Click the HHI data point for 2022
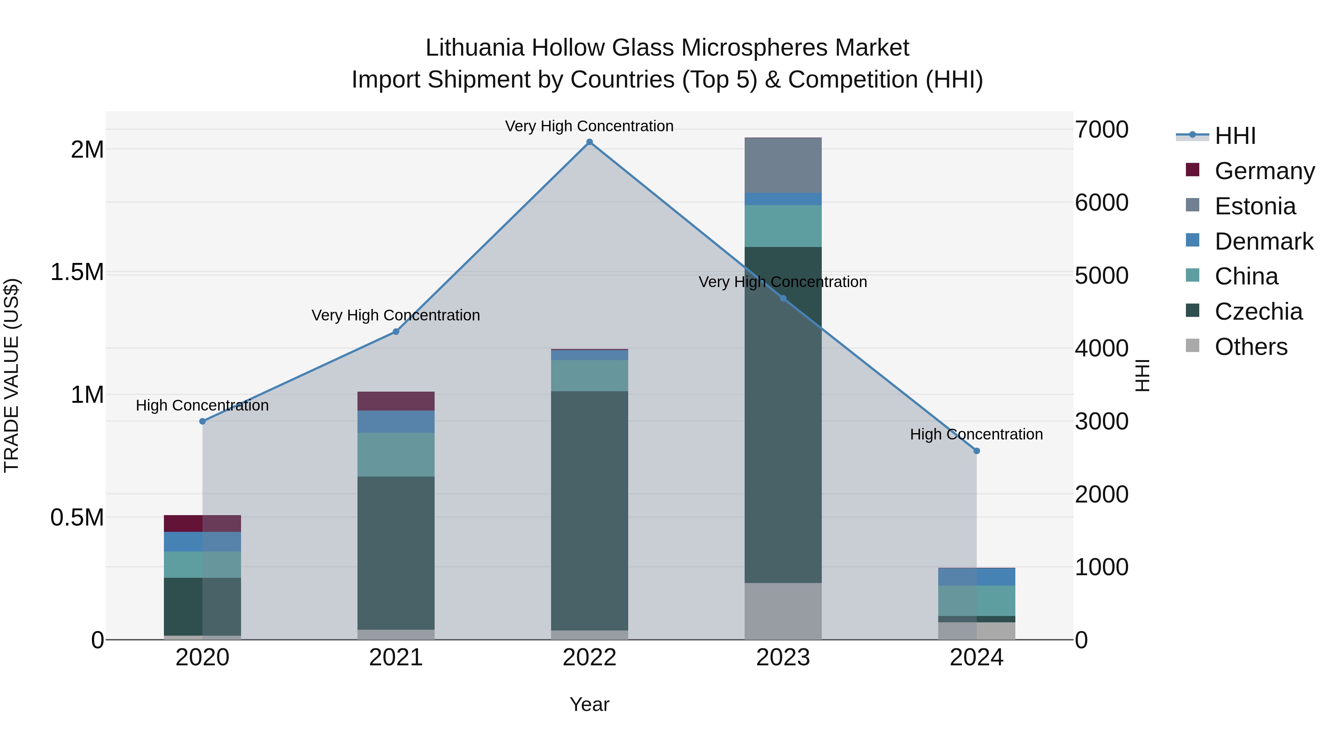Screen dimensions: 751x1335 589,142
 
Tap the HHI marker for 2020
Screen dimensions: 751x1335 202,421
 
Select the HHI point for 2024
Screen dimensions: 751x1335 976,451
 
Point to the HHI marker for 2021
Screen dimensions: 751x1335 396,332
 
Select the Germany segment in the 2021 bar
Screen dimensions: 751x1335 396,401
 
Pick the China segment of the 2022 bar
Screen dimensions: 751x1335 589,376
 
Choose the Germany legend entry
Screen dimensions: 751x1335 1265,171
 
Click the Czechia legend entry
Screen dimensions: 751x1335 1258,312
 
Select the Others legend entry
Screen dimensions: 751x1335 1251,347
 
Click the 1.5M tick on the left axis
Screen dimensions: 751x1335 77,273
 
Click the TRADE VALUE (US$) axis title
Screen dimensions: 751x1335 11,375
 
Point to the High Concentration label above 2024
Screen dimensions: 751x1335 976,434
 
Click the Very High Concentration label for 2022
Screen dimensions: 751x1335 589,126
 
